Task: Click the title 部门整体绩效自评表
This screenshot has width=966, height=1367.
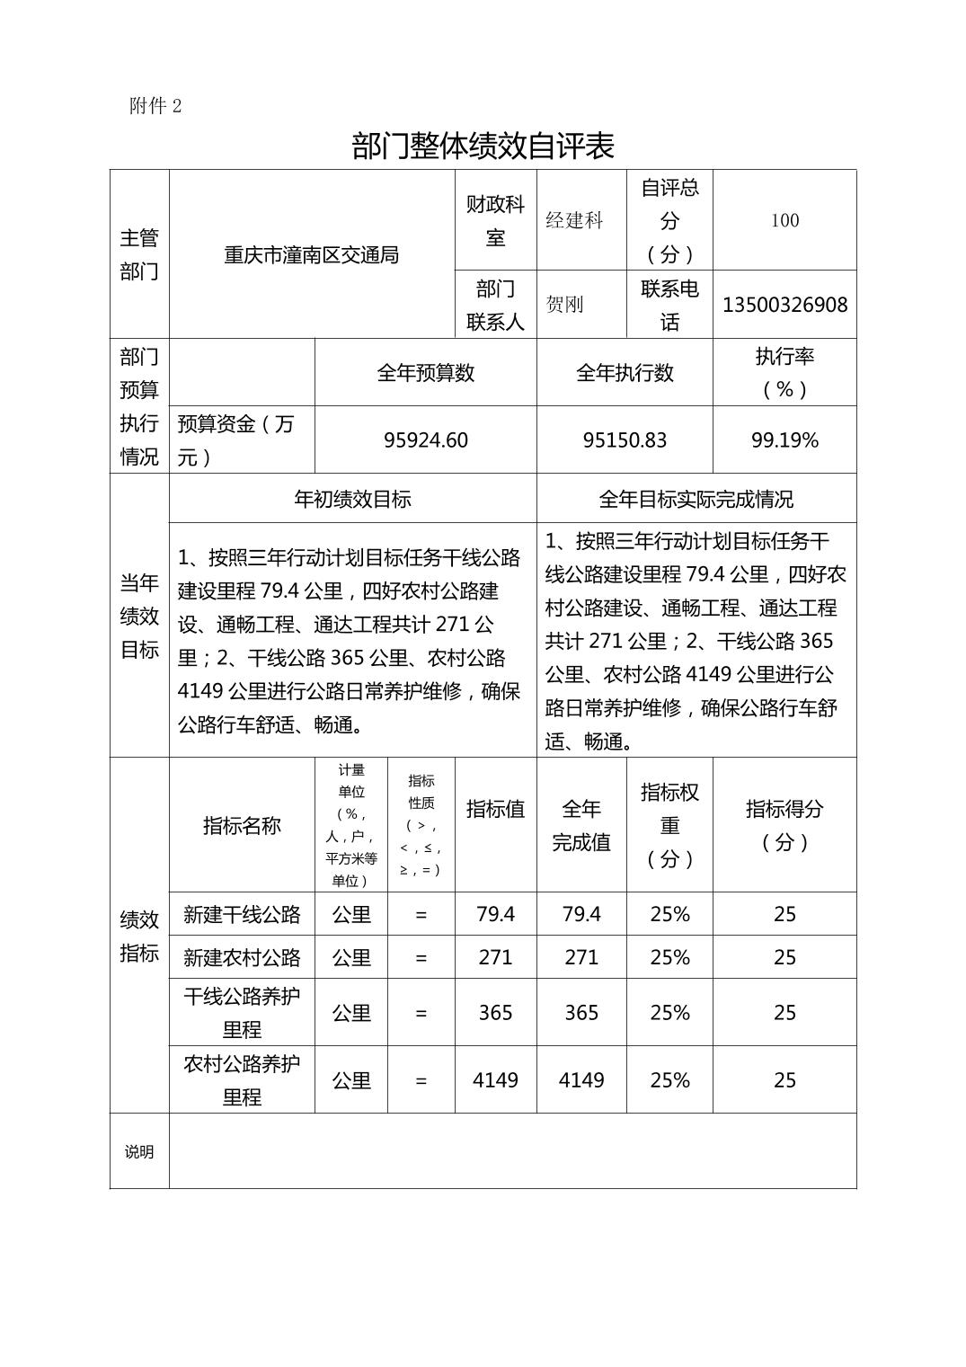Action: [x=483, y=146]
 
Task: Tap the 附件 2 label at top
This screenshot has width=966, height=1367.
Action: [x=155, y=106]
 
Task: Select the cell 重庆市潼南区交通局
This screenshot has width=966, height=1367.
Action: [x=311, y=255]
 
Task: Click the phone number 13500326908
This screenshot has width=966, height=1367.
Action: [x=784, y=305]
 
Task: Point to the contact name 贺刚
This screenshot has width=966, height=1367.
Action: [x=564, y=305]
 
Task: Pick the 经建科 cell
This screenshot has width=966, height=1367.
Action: [x=574, y=220]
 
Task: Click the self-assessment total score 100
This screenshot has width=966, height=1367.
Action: [x=784, y=220]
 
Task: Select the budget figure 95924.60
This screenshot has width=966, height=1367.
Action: [x=425, y=440]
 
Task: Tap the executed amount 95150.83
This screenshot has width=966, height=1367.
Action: [x=625, y=440]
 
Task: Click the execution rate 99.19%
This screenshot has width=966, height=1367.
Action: [x=784, y=440]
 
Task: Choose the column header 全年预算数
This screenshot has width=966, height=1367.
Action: [x=425, y=373]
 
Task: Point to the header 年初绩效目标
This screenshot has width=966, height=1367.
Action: [x=352, y=500]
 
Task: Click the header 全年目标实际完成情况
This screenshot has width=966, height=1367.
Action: [x=696, y=500]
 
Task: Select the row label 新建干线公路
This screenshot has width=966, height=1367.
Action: [x=242, y=915]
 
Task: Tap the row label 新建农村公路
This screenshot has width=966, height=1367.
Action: [x=242, y=958]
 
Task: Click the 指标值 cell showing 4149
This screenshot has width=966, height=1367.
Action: [x=495, y=1080]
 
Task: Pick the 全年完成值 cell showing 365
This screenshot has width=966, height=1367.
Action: [x=581, y=1013]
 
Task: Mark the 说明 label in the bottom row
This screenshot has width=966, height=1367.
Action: [x=139, y=1152]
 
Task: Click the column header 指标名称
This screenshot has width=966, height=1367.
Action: [x=242, y=826]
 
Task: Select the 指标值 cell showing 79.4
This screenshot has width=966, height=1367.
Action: [x=495, y=915]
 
